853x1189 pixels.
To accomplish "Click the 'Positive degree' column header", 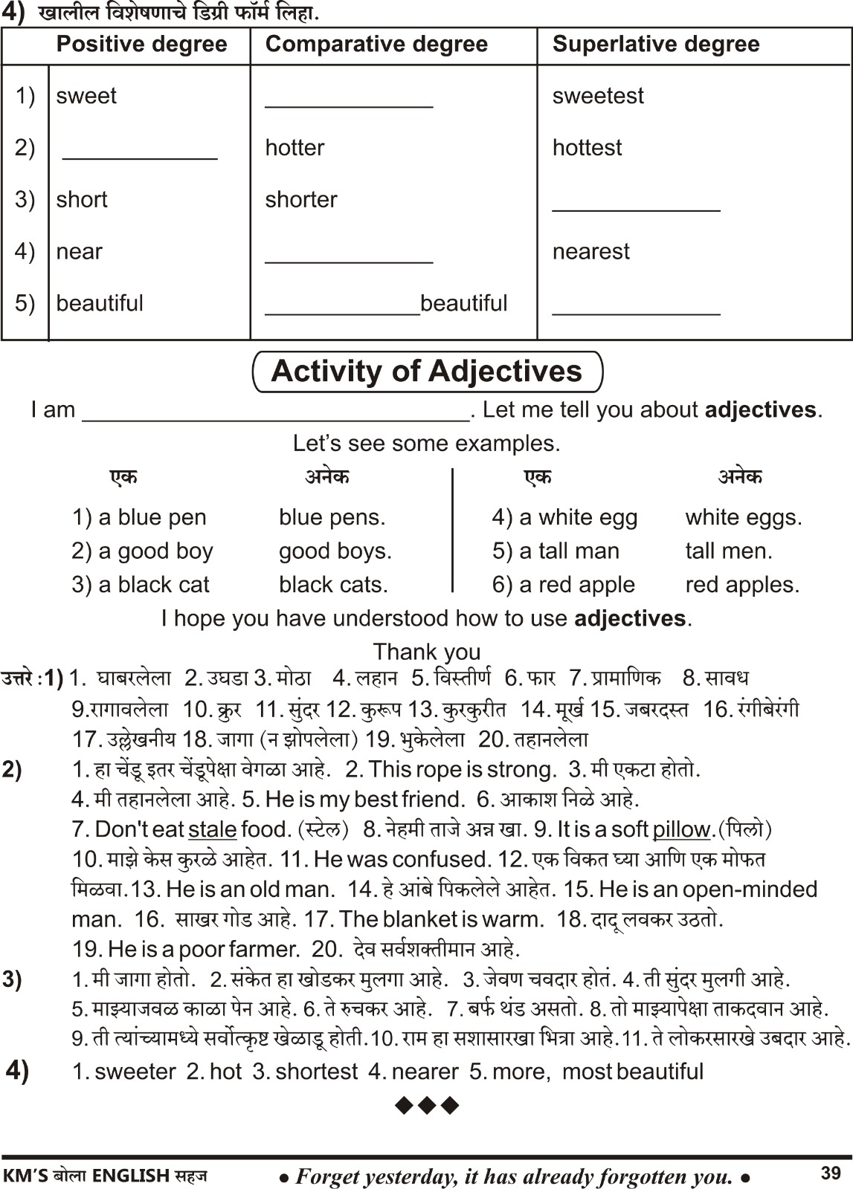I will click(141, 45).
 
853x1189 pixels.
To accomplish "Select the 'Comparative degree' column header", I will click(376, 45).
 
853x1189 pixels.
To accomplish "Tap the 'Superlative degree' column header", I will click(656, 45).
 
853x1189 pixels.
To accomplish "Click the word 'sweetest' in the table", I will click(598, 96).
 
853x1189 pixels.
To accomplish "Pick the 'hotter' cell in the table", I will click(294, 148).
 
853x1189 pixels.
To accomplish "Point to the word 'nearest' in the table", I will click(590, 252).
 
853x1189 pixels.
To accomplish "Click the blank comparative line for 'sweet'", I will click(349, 104).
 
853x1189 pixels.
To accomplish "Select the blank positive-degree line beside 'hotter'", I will click(140, 155).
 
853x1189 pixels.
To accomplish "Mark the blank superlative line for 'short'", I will click(636, 207).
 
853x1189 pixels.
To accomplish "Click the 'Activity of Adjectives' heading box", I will click(427, 372).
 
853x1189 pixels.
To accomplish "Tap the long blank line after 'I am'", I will click(275, 416).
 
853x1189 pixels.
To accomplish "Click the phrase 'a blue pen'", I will click(139, 517).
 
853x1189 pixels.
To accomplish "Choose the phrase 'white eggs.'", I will click(744, 517).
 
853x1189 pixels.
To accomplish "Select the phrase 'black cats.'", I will click(333, 585).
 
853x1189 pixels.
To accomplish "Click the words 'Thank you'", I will click(427, 652).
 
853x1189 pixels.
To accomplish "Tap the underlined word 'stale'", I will click(213, 829).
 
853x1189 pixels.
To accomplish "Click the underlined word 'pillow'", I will click(681, 829).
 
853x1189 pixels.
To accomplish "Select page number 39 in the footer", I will click(831, 1173).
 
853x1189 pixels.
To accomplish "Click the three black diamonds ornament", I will click(427, 1106).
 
